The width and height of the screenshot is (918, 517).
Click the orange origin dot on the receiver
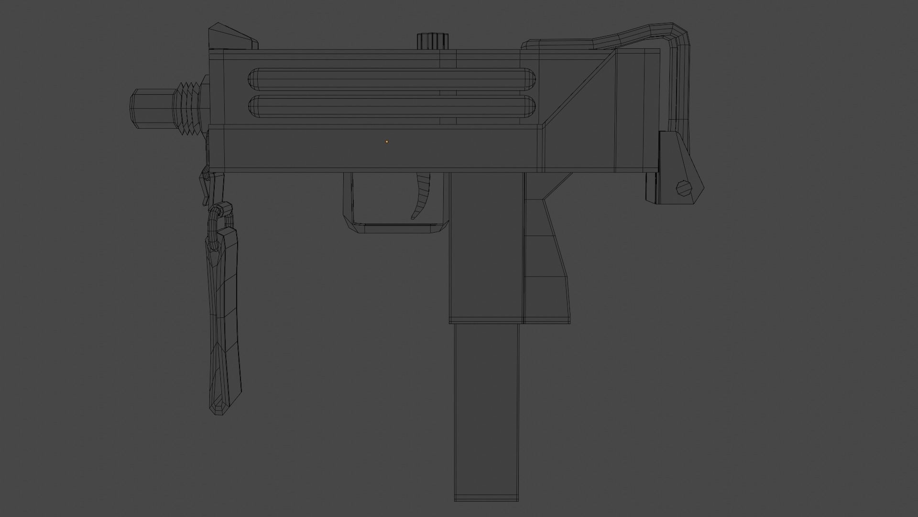(387, 142)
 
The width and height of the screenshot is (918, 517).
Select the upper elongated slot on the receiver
(392, 79)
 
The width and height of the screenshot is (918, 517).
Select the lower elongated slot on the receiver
(392, 107)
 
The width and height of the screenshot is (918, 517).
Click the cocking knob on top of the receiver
(434, 41)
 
